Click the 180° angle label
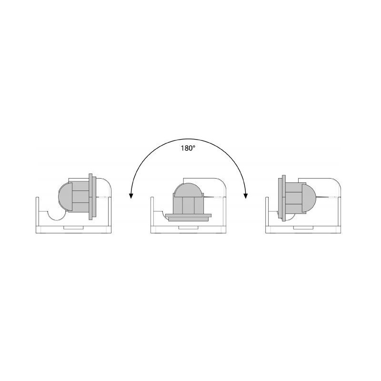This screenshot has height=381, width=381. click(188, 148)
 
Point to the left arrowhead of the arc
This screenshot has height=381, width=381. click(131, 196)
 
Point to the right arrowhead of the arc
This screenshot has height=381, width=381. click(246, 196)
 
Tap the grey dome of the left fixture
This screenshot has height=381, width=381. click(65, 196)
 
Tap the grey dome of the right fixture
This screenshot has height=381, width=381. click(309, 197)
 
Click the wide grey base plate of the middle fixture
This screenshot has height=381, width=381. click(188, 218)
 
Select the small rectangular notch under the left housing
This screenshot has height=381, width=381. click(74, 228)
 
